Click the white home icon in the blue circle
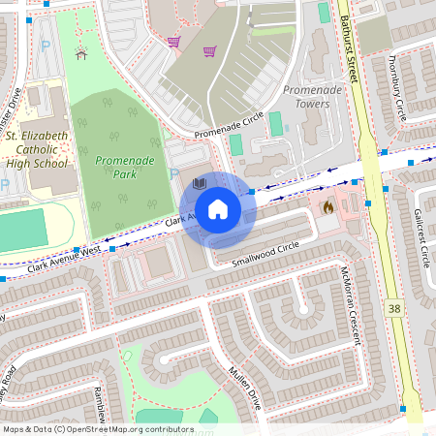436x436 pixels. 218,209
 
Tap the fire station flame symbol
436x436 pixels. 327,206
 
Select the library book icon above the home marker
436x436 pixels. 200,183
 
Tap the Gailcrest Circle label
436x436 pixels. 421,238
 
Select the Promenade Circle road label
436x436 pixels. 228,126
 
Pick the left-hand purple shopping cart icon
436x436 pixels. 174,41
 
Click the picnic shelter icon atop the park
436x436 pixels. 81,52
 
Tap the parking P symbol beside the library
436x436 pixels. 174,174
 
